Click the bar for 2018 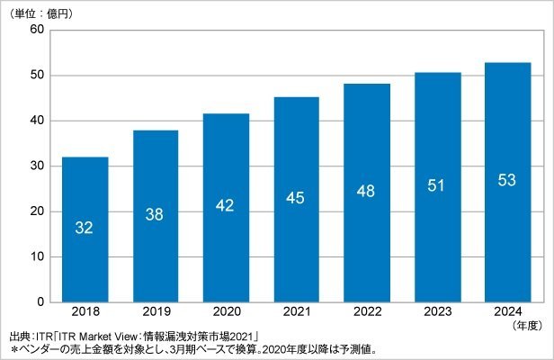pyautogui.click(x=85, y=229)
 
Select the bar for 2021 pyautogui.click(x=297, y=200)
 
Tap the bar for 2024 pyautogui.click(x=508, y=183)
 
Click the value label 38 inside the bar pyautogui.click(x=155, y=214)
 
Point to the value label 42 pyautogui.click(x=225, y=205)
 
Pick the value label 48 pyautogui.click(x=366, y=192)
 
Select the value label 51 pyautogui.click(x=436, y=185)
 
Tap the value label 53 pyautogui.click(x=507, y=180)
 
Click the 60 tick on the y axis pyautogui.click(x=37, y=29)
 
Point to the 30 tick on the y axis pyautogui.click(x=37, y=166)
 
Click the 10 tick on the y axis pyautogui.click(x=37, y=256)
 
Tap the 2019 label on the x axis pyautogui.click(x=156, y=311)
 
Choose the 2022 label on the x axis pyautogui.click(x=368, y=311)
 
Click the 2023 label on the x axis pyautogui.click(x=438, y=311)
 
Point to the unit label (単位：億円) pyautogui.click(x=41, y=13)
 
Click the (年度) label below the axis pyautogui.click(x=527, y=325)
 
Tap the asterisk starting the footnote pyautogui.click(x=14, y=350)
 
